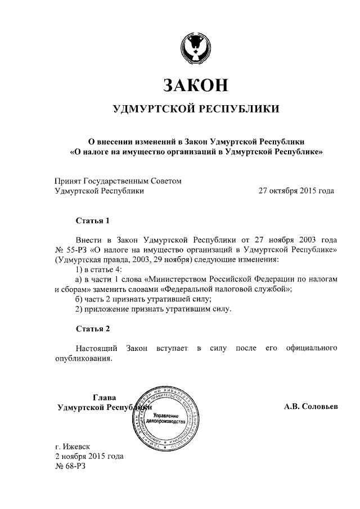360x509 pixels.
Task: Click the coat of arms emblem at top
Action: click(x=195, y=47)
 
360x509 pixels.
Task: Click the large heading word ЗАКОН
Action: click(x=195, y=84)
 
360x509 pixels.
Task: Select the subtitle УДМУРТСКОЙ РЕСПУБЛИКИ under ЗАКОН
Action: click(x=195, y=109)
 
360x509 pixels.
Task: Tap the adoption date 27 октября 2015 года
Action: click(x=296, y=191)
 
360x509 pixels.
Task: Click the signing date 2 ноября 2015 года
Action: click(x=89, y=456)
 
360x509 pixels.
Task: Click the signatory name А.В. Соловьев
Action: click(x=311, y=407)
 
